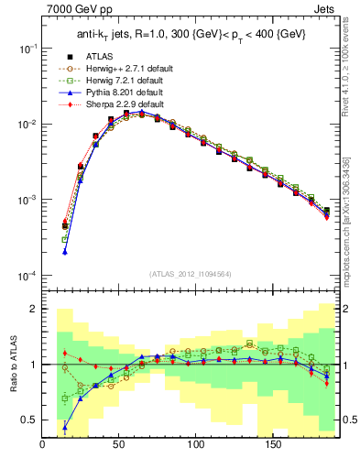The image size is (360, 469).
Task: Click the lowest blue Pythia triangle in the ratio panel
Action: click(x=65, y=427)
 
